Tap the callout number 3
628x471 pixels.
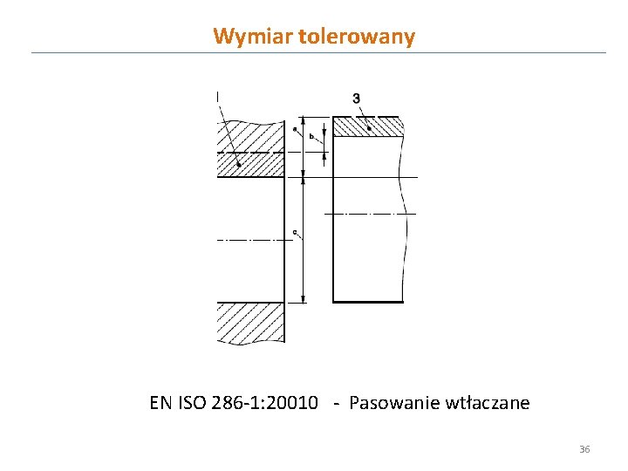point(356,99)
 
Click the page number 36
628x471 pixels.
point(584,449)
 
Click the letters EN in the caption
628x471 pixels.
point(160,403)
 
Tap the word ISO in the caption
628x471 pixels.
point(191,403)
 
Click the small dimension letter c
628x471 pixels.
point(296,232)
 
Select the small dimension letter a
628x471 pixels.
point(296,131)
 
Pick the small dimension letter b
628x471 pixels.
point(311,137)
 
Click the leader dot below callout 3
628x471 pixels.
point(370,128)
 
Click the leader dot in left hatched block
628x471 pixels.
point(238,163)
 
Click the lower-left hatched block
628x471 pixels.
point(249,323)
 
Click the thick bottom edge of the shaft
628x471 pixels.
point(368,302)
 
